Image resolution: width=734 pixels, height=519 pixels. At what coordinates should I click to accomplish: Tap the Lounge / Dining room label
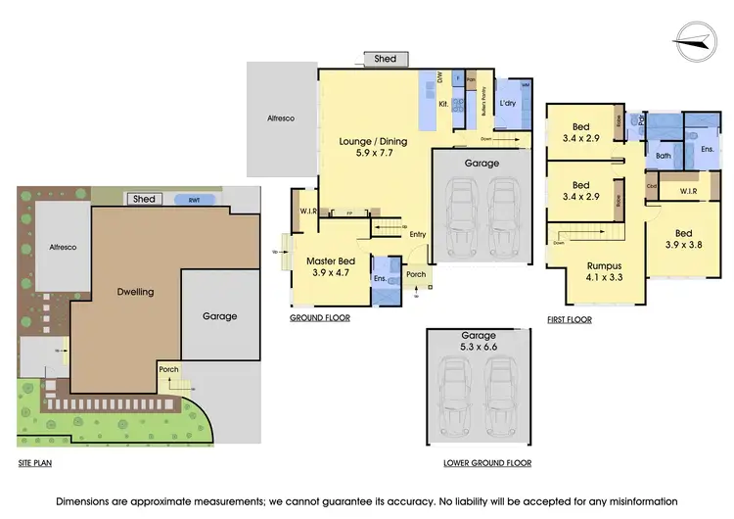click(x=370, y=141)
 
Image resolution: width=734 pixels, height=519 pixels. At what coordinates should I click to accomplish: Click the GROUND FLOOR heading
click(x=320, y=318)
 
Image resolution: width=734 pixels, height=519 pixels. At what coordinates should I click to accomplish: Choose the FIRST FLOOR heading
click(x=570, y=319)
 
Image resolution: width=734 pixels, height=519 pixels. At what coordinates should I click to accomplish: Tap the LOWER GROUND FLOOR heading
click(x=480, y=462)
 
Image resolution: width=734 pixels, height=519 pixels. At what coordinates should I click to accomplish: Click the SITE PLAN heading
click(x=34, y=461)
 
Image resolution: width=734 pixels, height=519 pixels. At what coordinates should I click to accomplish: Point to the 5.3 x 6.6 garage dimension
click(x=480, y=347)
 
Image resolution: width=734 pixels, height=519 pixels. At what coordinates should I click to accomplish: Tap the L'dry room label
click(x=507, y=103)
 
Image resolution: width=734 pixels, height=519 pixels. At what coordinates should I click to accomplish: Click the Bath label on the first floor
click(x=663, y=156)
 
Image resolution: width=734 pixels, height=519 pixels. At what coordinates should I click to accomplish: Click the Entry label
click(x=418, y=233)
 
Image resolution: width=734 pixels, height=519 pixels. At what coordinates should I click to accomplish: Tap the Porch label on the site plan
click(x=168, y=369)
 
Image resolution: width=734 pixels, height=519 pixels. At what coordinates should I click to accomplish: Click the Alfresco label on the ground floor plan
click(x=281, y=118)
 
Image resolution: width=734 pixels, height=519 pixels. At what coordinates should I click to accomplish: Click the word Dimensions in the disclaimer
click(x=87, y=499)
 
